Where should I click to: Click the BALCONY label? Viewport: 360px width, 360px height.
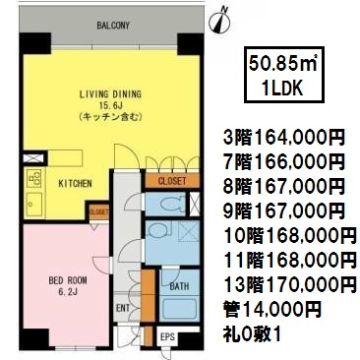tap(113, 26)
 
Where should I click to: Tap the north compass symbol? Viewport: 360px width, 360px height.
tap(219, 22)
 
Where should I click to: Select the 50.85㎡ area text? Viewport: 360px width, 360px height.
tap(282, 64)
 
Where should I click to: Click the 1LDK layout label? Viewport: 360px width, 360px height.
tap(282, 88)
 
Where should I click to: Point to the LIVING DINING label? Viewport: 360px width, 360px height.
tap(111, 94)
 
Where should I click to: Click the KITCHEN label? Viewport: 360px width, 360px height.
tap(75, 184)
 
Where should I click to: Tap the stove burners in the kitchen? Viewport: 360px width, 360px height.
tap(34, 178)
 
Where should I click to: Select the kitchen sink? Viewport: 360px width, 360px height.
tap(34, 204)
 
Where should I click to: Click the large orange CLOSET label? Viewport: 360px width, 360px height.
tap(172, 181)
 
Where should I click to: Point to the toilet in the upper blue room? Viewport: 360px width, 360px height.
tap(172, 204)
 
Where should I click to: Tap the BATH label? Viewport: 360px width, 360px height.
tap(179, 286)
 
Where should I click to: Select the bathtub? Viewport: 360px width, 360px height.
tap(181, 308)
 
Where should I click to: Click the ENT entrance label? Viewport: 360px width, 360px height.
tap(123, 308)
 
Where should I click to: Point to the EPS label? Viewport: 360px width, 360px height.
tap(167, 337)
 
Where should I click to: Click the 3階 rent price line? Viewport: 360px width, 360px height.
tap(284, 138)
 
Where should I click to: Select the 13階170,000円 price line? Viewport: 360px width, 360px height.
tap(290, 285)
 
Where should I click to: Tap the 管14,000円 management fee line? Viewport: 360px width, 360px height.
tap(271, 310)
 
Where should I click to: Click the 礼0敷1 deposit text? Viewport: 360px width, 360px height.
tap(253, 334)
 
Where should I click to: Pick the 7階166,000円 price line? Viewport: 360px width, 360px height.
tap(284, 162)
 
